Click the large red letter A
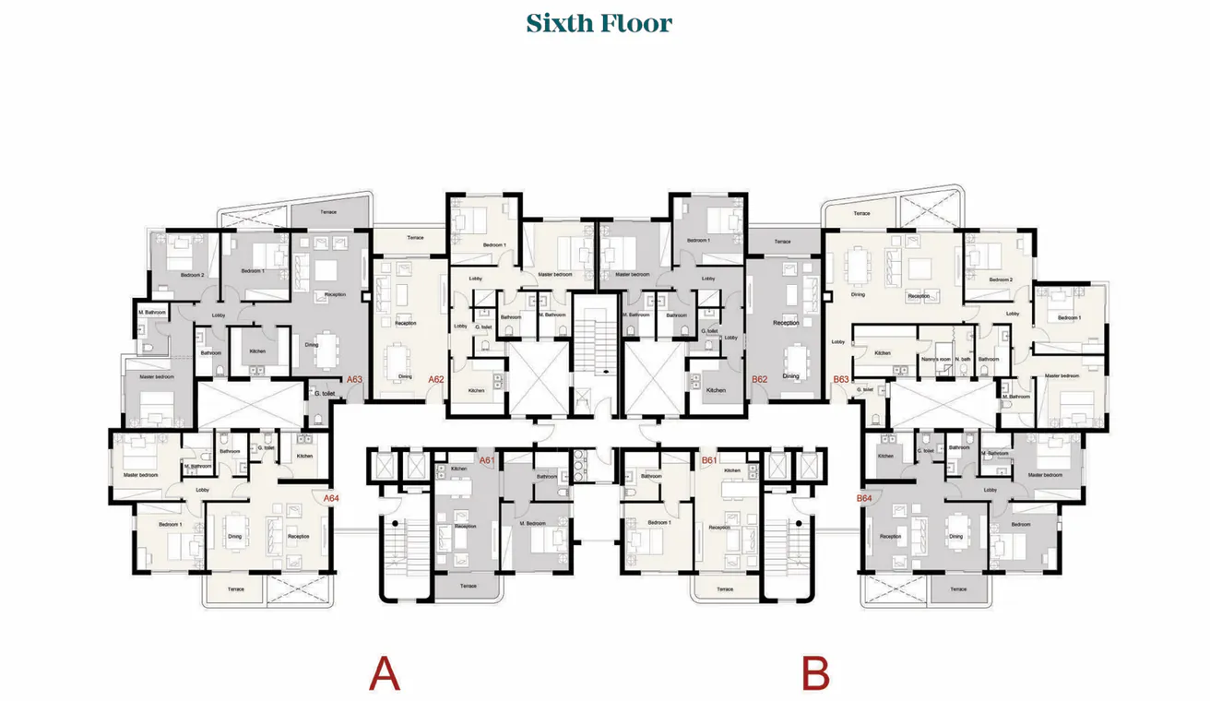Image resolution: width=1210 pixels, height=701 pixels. [385, 673]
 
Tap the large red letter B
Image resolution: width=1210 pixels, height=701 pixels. [815, 673]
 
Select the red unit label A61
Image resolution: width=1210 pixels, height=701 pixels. [488, 460]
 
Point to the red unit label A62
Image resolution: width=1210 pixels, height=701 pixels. [436, 378]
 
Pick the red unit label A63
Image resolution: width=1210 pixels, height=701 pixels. [354, 379]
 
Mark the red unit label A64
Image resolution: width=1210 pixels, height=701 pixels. [331, 498]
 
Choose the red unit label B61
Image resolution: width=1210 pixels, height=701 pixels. [709, 460]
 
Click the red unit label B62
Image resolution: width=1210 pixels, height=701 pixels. [760, 378]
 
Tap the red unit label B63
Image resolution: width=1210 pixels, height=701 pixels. [840, 379]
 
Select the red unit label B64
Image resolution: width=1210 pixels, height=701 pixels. [864, 498]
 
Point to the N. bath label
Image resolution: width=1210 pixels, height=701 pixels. [963, 359]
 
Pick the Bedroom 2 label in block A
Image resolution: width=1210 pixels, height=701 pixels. [192, 275]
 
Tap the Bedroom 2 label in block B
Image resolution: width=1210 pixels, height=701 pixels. [1002, 279]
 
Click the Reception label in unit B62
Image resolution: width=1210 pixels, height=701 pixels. [786, 323]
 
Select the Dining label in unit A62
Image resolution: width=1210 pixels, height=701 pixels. [405, 376]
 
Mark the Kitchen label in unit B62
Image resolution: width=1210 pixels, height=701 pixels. [717, 390]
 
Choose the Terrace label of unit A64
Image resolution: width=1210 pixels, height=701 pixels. [236, 589]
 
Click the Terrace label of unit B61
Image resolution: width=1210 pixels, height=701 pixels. [725, 588]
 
